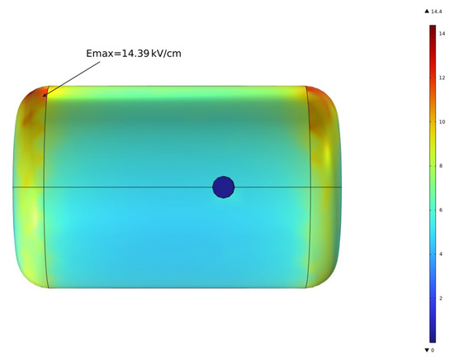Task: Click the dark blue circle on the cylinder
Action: (x=223, y=187)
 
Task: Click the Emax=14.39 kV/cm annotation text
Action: (x=134, y=54)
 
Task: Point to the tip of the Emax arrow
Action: (x=43, y=96)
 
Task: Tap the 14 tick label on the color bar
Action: (x=442, y=34)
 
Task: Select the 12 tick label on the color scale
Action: (x=442, y=78)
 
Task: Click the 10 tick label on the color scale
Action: (x=442, y=121)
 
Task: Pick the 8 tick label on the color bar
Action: (x=441, y=166)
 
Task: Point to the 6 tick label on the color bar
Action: (x=441, y=210)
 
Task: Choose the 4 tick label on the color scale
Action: (x=441, y=254)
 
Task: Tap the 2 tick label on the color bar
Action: (x=441, y=298)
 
